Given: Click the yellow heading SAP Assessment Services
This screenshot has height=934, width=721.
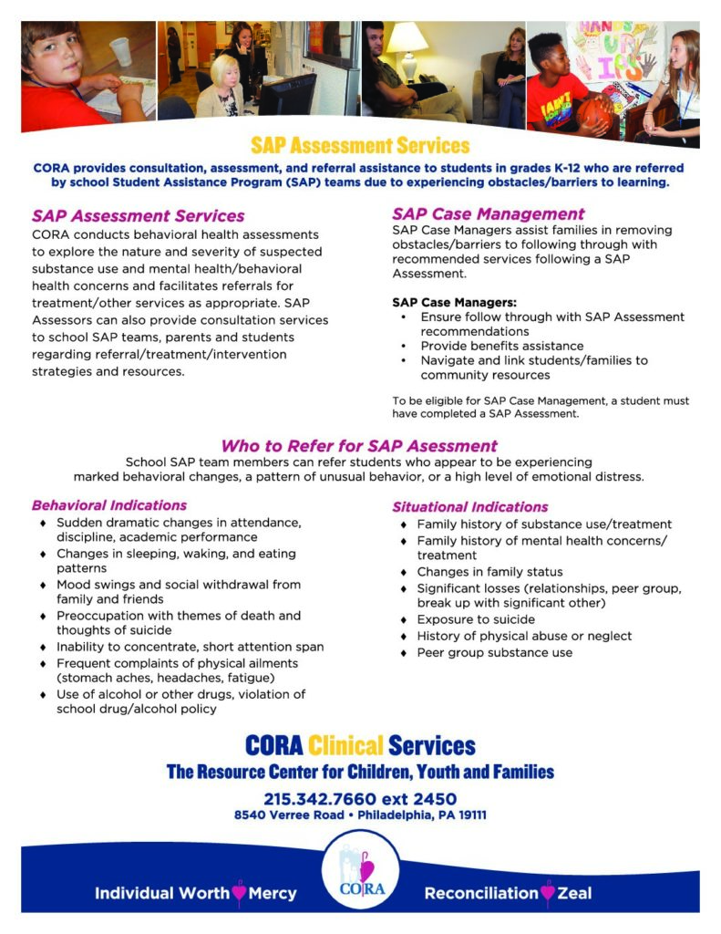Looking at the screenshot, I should [x=360, y=146].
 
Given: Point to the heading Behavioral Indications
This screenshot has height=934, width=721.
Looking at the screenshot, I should [x=109, y=504].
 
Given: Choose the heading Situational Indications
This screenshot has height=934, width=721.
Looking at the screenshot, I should [x=470, y=506].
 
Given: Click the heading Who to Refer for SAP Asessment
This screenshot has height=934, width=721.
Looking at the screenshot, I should [x=359, y=446].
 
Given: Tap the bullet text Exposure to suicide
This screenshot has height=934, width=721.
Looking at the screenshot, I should [x=476, y=619].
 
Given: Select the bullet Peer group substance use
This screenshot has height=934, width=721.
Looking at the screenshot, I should [x=495, y=652].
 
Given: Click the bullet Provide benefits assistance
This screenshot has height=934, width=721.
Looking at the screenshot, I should [x=502, y=346].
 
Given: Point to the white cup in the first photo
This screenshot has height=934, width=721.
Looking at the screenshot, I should [x=120, y=50].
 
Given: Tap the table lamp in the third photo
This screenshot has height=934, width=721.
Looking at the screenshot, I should [x=407, y=46].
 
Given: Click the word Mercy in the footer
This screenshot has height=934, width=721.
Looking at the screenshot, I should [x=273, y=893].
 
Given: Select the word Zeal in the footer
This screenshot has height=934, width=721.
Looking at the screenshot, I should [x=573, y=893].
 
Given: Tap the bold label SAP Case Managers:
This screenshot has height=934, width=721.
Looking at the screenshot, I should [x=440, y=302].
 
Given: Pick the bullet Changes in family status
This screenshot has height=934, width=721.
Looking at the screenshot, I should [x=489, y=572].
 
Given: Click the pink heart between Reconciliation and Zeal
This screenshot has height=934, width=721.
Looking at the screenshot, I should [x=547, y=893].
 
